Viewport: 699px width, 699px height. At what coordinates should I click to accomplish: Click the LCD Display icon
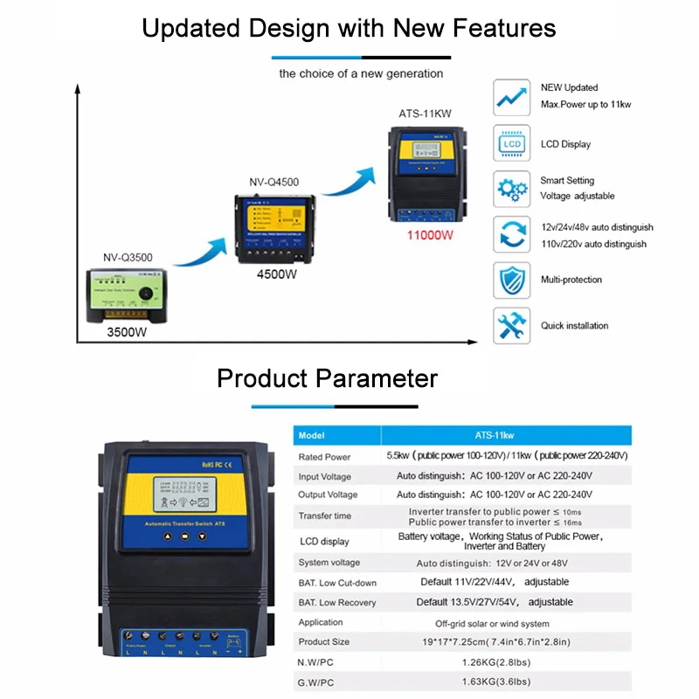511,143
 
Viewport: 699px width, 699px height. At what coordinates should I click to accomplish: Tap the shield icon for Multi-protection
511,280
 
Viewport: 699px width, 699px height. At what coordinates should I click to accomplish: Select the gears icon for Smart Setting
511,189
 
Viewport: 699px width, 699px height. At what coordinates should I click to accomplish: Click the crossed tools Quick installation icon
511,325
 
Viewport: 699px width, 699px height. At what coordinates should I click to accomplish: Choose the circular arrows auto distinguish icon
511,234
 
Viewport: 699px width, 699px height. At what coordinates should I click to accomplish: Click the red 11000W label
429,235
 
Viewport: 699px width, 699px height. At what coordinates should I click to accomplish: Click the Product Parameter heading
327,378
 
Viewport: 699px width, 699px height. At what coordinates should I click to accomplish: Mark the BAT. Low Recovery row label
337,603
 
